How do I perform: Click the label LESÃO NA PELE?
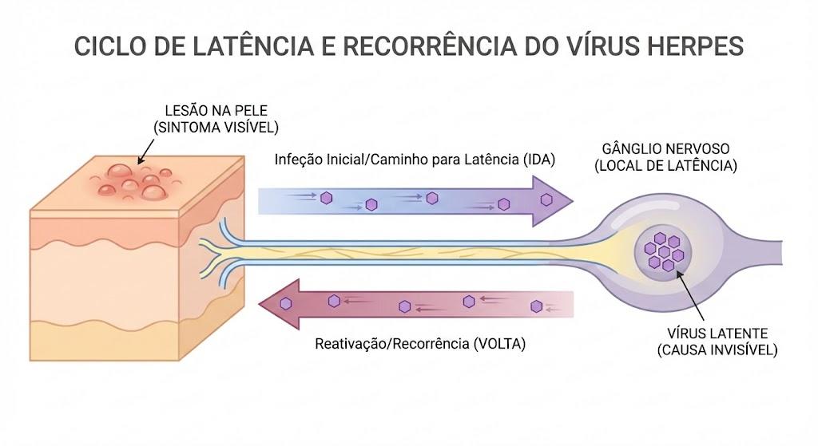(216, 110)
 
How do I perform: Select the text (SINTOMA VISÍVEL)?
(216, 128)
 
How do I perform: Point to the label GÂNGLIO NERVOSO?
(665, 149)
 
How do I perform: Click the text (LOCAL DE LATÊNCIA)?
(665, 166)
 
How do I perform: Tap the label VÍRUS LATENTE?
(717, 334)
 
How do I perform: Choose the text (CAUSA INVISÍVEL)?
(717, 350)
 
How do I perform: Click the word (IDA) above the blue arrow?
(539, 160)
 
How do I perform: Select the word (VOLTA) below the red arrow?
(499, 344)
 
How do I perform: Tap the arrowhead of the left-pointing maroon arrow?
(280, 304)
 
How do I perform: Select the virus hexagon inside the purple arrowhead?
(546, 199)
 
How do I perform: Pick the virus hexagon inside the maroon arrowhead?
(285, 303)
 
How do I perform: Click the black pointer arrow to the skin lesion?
(145, 152)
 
